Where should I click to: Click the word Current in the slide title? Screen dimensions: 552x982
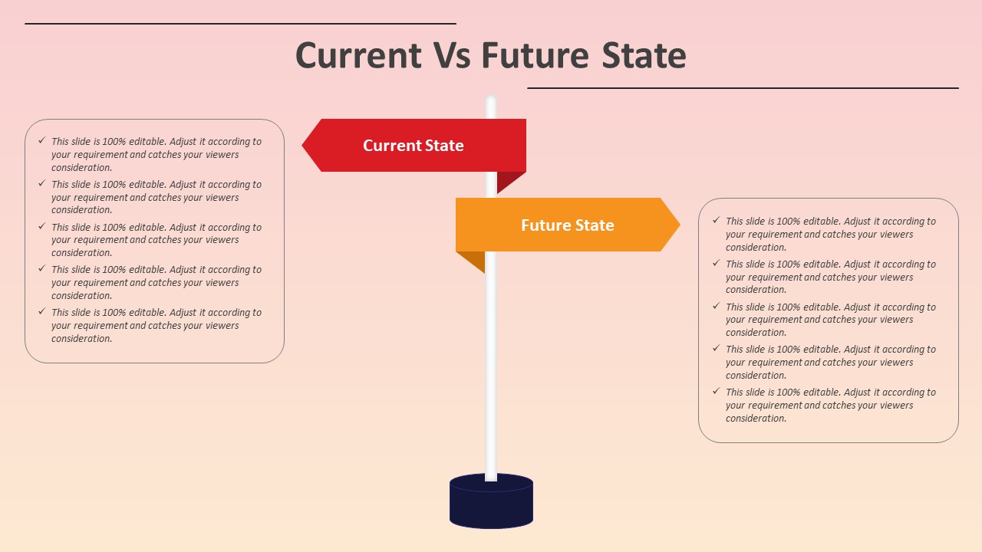[358, 56]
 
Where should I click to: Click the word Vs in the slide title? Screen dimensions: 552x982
[452, 56]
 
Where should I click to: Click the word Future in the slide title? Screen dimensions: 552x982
[535, 56]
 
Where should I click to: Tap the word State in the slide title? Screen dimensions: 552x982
[644, 56]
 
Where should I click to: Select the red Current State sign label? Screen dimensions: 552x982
[414, 146]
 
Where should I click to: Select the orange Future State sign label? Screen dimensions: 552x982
[568, 225]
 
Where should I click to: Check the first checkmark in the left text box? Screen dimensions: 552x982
[41, 141]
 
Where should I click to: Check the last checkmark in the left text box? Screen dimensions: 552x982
[41, 312]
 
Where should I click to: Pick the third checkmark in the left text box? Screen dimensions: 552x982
[41, 227]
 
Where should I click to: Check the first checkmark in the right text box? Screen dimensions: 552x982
[716, 221]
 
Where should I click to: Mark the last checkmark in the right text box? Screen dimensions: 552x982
[716, 392]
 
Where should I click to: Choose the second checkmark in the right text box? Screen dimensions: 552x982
[716, 264]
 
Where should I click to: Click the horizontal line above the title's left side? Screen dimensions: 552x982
[240, 24]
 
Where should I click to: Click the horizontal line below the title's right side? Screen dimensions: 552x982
[743, 88]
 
